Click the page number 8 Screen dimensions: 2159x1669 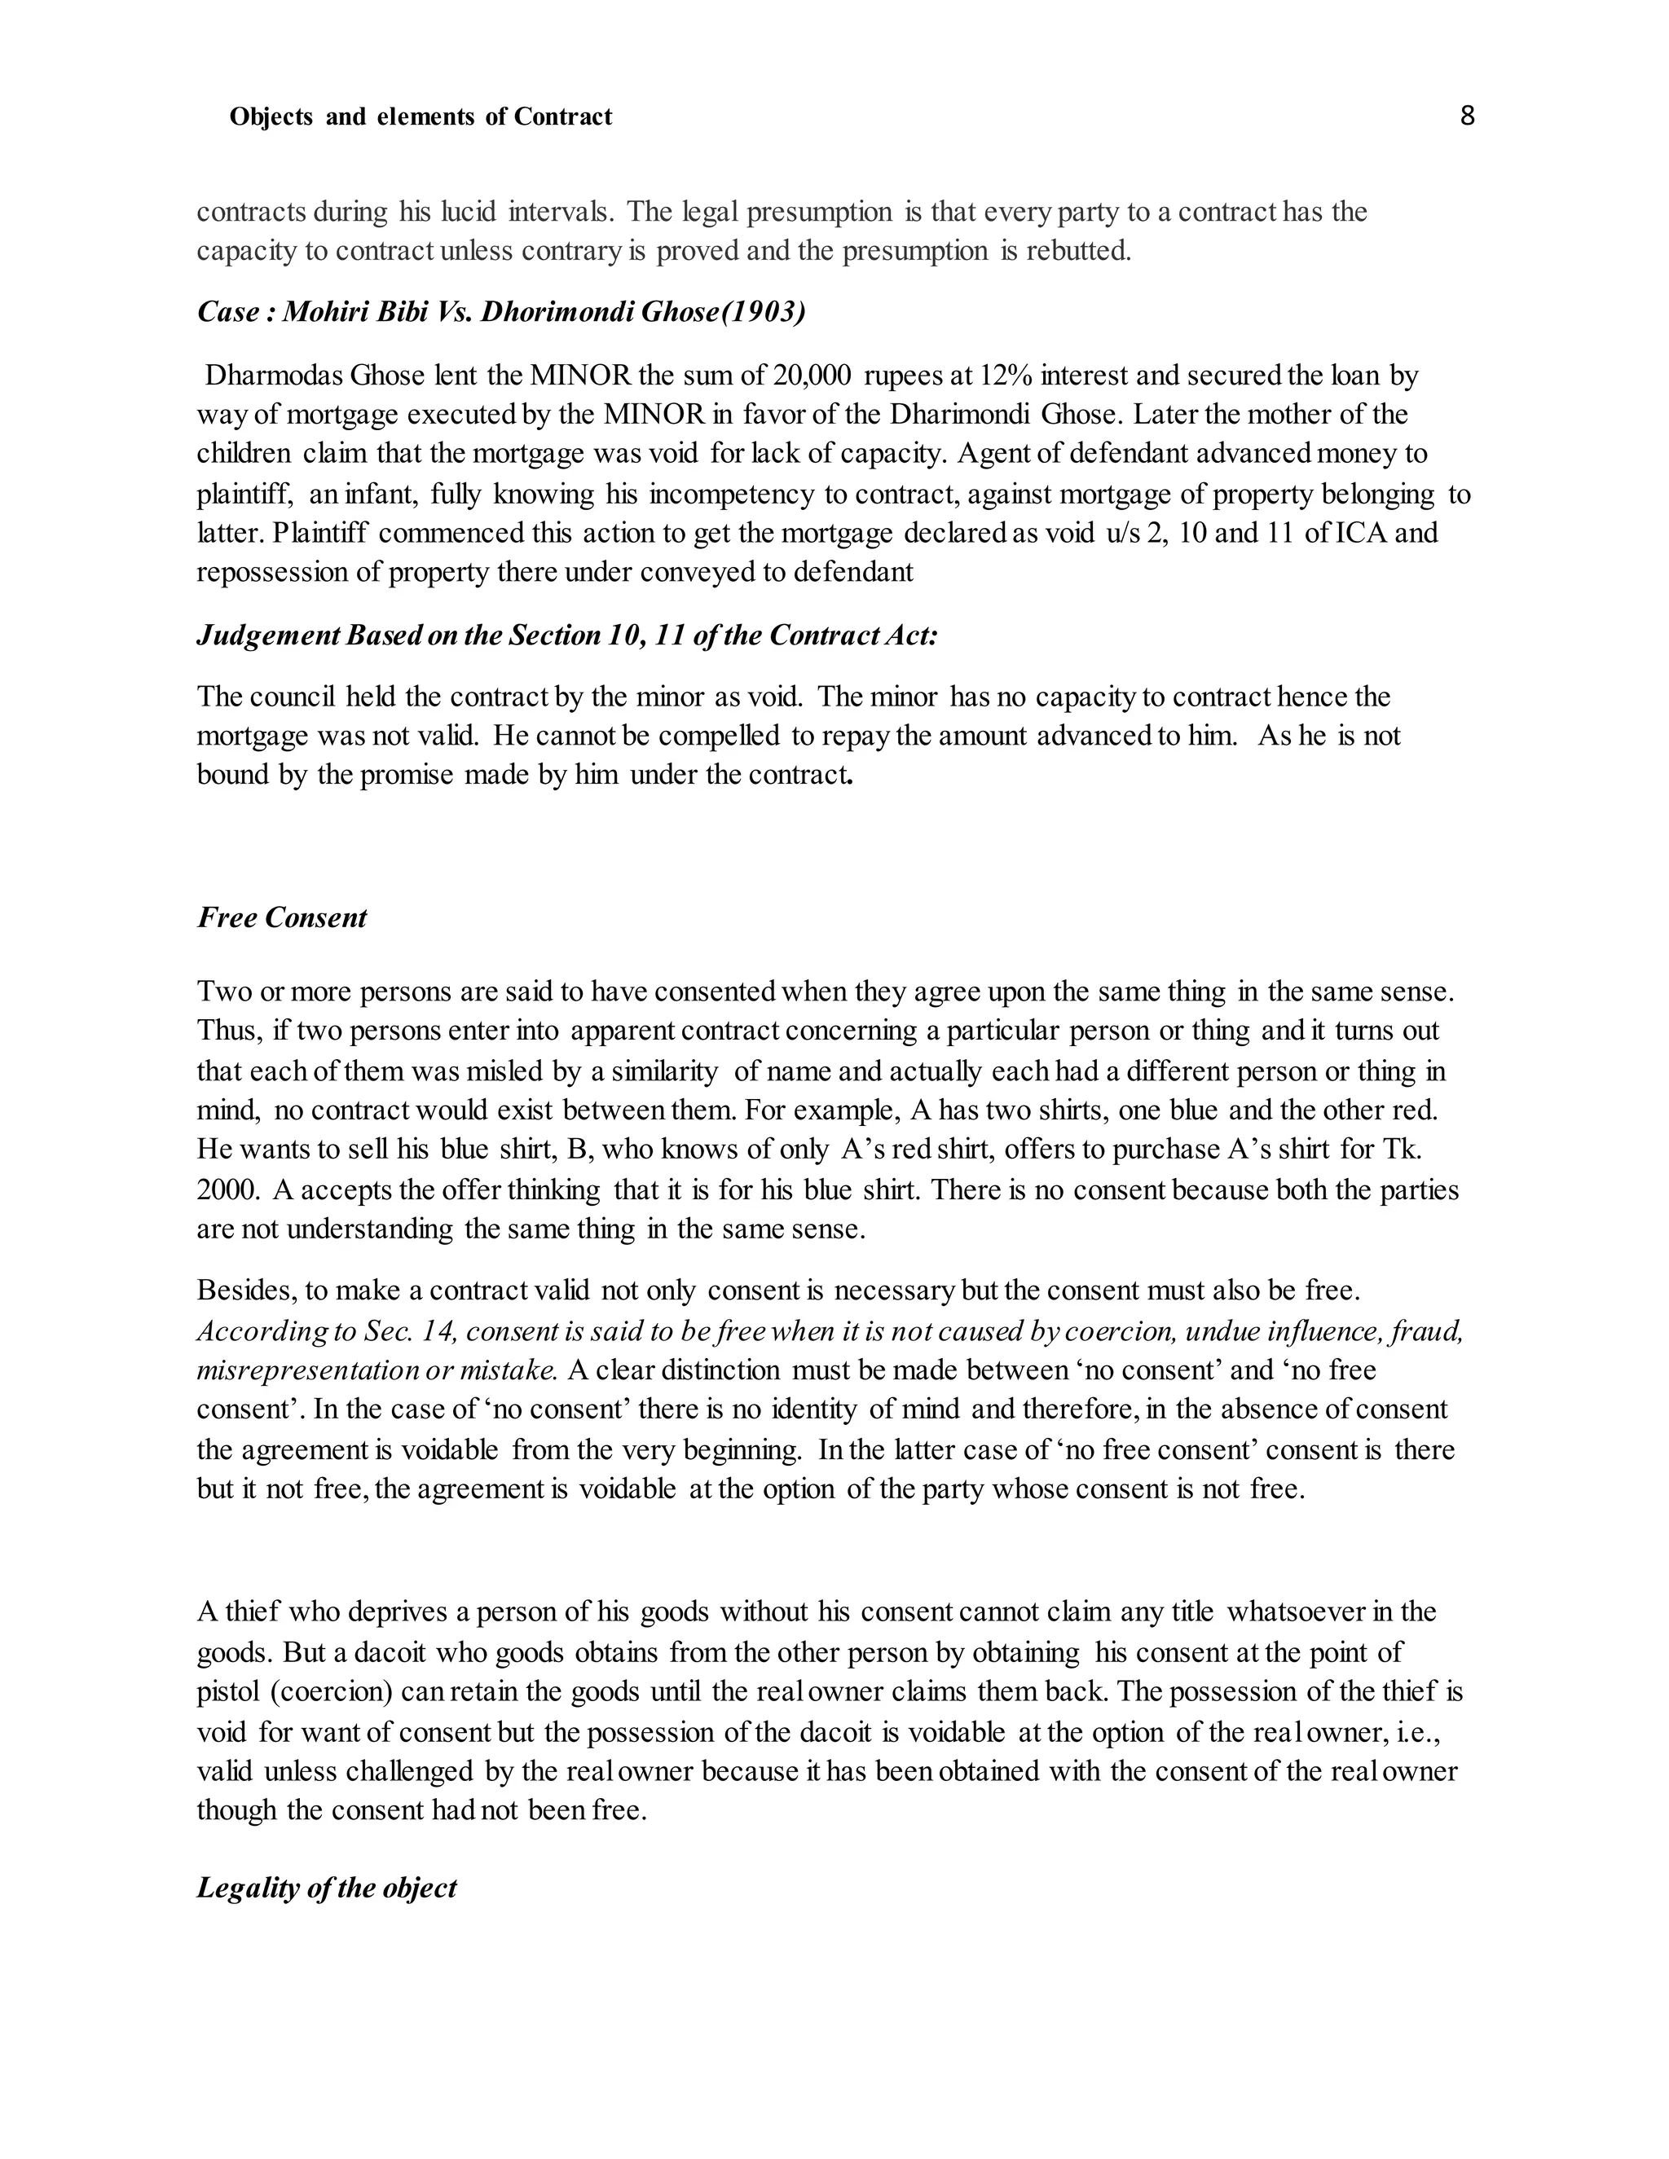[1466, 117]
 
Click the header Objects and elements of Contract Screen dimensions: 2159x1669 [421, 117]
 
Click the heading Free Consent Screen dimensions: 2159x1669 [282, 918]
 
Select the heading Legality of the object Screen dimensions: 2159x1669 [326, 1889]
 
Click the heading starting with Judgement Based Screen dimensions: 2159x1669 [566, 635]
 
